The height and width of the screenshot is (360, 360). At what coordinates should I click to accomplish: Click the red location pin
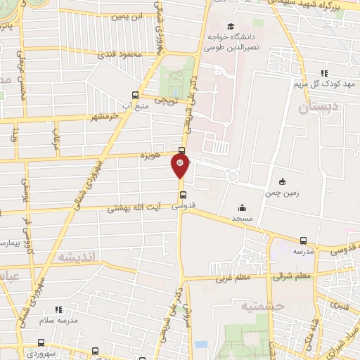(180, 165)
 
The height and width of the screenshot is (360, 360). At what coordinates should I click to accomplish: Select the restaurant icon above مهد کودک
(324, 72)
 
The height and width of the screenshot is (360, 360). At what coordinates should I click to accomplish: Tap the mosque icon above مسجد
(243, 207)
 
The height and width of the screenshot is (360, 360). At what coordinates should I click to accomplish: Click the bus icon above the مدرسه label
(303, 240)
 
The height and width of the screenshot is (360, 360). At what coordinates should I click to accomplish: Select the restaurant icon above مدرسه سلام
(58, 309)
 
